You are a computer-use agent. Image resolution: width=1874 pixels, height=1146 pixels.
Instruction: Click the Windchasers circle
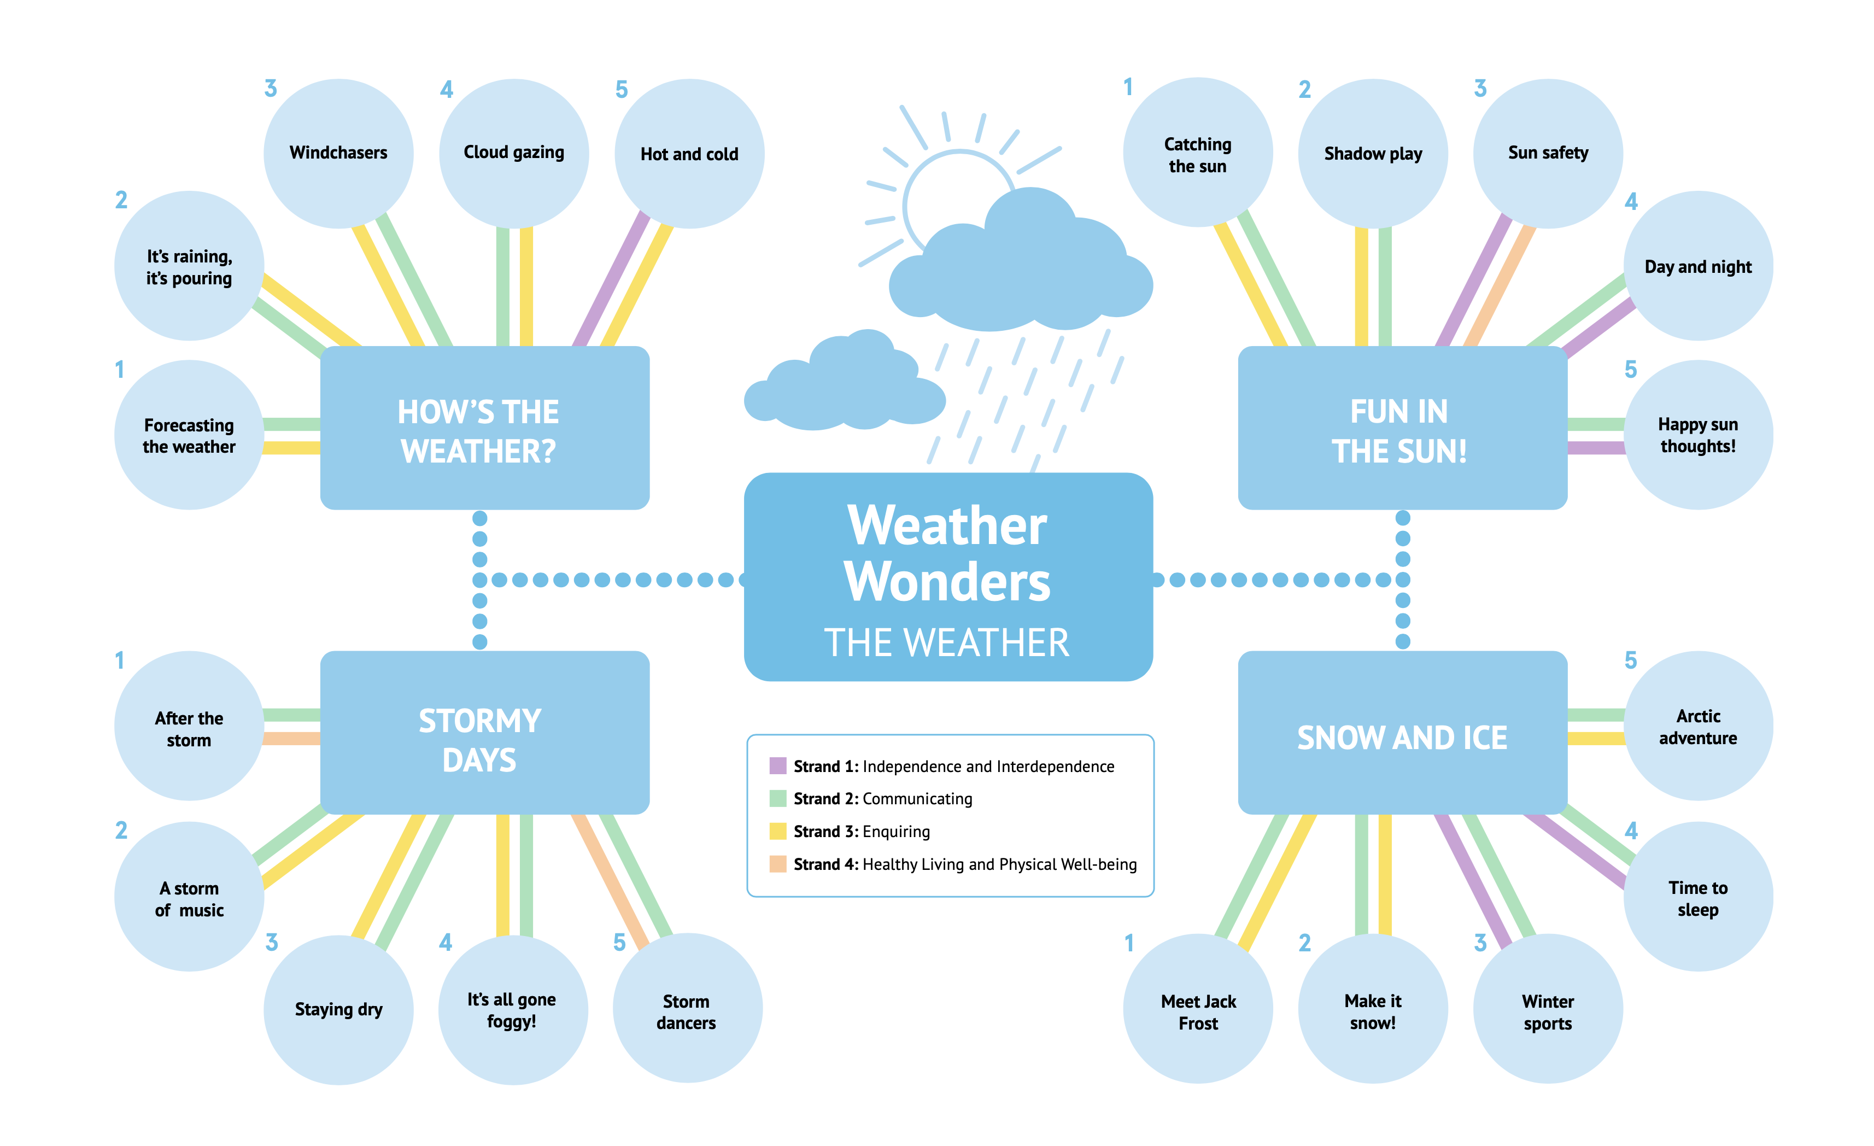(338, 153)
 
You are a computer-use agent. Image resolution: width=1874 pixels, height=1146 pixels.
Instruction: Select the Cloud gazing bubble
(514, 153)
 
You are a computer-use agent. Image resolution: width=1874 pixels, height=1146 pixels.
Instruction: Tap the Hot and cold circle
(689, 154)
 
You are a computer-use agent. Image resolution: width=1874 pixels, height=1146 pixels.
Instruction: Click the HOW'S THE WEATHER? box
(484, 428)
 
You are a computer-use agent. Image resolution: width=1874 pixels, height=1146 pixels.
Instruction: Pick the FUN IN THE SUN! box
(1402, 428)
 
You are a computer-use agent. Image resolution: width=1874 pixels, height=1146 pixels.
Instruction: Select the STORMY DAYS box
(484, 732)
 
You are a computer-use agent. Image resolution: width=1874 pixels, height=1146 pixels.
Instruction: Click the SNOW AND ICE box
(1402, 732)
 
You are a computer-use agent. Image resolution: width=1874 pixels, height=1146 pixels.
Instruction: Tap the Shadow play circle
(1373, 153)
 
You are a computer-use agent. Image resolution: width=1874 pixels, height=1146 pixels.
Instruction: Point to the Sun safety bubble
(1548, 153)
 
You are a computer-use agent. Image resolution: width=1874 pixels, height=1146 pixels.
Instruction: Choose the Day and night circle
(1697, 266)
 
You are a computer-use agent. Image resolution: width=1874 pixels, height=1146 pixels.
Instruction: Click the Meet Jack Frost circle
(1198, 1009)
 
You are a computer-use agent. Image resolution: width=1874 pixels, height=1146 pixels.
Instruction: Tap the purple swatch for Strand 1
(777, 766)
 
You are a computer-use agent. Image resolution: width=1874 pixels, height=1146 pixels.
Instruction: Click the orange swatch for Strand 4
(777, 864)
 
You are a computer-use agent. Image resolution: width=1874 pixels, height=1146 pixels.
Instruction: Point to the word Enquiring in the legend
(896, 831)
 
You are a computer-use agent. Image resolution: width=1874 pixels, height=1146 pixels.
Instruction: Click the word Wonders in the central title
(947, 582)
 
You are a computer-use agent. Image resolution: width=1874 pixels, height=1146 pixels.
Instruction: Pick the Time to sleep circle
(1697, 897)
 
